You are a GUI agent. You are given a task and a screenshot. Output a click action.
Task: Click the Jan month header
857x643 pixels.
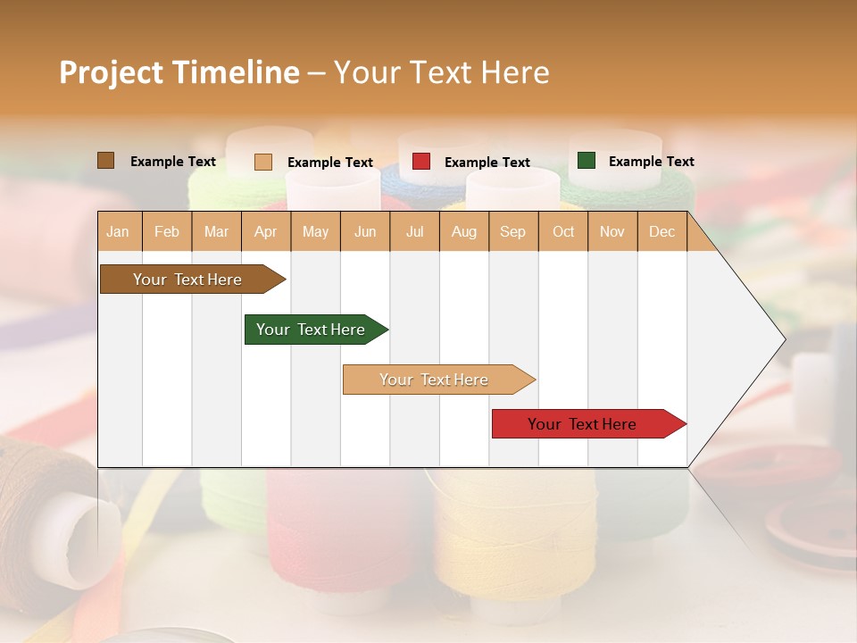coord(118,231)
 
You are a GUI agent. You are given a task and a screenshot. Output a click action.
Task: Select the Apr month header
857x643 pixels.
coord(265,231)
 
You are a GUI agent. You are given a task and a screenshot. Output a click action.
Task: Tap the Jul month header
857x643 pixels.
coord(414,231)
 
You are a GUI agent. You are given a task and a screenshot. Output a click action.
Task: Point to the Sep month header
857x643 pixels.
coord(512,231)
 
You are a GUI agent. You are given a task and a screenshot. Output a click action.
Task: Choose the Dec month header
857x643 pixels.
coord(661,231)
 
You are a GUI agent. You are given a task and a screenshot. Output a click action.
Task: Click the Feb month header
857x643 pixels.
coord(167,231)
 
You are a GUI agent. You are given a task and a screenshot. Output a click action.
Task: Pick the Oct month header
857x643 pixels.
coord(563,231)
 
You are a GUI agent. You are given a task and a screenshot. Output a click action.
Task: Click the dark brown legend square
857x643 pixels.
coord(105,161)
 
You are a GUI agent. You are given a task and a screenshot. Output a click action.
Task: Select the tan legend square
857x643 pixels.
coord(262,162)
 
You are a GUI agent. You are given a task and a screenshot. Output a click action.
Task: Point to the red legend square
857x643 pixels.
coord(421,162)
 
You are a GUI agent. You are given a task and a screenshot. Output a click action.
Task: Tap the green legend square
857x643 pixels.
coord(587,161)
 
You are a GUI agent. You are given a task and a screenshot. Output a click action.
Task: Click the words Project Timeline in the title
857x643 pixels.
coord(179,72)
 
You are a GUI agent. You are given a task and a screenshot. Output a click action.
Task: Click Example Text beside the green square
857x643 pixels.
coord(651,162)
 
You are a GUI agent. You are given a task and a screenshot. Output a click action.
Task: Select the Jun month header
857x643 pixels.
coord(365,231)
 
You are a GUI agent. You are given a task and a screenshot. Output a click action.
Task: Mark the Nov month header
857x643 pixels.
coord(612,231)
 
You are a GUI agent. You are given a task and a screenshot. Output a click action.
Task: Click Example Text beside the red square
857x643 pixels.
coord(487,163)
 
